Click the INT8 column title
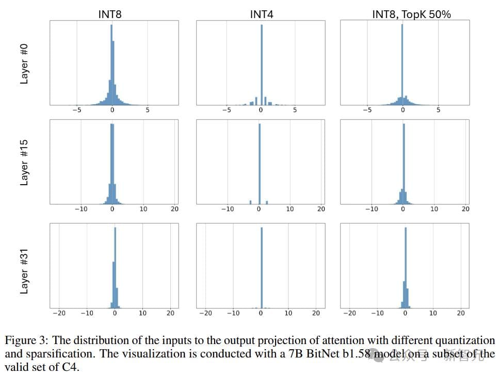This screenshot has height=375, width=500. tap(110, 14)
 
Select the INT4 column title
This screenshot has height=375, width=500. tap(261, 14)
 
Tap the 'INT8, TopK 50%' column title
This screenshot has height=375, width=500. tap(411, 14)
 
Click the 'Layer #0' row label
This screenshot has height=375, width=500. tap(24, 63)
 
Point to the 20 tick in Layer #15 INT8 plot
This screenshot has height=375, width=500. tap(174, 209)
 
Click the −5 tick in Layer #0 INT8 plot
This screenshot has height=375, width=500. tap(76, 110)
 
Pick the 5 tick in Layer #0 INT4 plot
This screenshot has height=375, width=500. tap(295, 110)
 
